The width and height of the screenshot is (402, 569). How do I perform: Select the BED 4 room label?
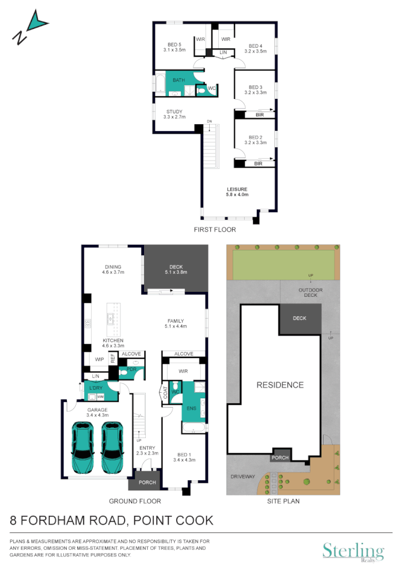(255, 49)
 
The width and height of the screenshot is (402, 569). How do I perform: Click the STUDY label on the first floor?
(175, 114)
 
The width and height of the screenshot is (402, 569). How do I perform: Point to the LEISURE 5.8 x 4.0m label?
(237, 192)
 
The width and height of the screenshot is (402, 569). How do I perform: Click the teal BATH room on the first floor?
(179, 81)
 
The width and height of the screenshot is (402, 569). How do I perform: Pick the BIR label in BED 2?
(259, 164)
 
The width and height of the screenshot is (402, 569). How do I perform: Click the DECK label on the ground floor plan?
(177, 269)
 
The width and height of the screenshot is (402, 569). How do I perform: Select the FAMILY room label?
(176, 323)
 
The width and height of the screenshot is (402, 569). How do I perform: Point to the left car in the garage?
(83, 447)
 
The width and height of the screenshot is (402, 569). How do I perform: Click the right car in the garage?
(113, 447)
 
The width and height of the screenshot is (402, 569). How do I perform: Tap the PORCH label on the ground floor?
(147, 482)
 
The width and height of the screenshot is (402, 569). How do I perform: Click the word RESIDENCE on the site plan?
(280, 385)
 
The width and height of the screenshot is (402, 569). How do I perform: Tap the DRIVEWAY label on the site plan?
(242, 476)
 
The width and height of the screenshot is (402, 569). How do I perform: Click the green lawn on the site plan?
(283, 265)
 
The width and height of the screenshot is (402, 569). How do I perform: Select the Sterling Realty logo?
(353, 552)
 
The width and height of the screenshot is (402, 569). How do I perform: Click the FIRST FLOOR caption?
(215, 230)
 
